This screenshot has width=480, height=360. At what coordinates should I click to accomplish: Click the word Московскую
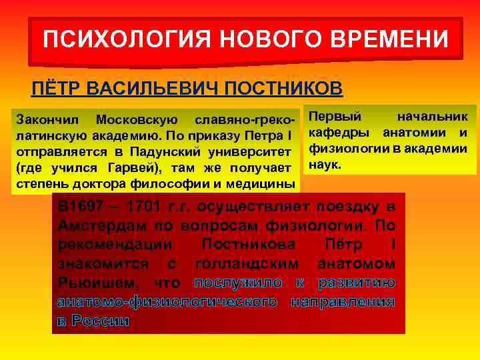point(137,121)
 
